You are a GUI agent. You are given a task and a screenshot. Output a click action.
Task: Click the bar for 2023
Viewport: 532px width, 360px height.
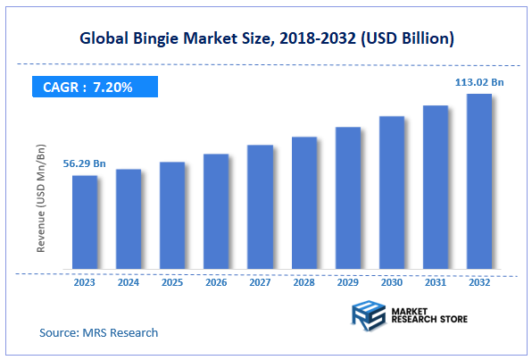(x=85, y=222)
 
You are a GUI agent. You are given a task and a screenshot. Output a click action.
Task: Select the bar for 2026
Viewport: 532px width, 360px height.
(x=216, y=212)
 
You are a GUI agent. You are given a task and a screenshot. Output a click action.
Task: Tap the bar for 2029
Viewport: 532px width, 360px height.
(x=347, y=198)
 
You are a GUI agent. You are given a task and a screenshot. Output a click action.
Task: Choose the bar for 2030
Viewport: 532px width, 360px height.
(x=391, y=193)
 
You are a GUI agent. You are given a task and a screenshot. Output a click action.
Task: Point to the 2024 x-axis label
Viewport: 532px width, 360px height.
(x=129, y=281)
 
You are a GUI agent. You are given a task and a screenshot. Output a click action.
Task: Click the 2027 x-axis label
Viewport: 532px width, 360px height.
(x=260, y=281)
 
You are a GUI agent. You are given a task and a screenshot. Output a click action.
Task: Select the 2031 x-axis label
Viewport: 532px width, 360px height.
(x=436, y=281)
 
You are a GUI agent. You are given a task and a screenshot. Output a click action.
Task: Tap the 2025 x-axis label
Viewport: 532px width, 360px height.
(x=172, y=281)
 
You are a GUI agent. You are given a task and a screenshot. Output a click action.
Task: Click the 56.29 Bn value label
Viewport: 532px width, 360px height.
(x=85, y=164)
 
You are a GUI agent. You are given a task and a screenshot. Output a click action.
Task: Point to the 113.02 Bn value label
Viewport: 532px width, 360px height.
(x=479, y=82)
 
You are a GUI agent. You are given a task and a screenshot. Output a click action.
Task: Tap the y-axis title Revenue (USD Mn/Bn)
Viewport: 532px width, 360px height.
(x=41, y=200)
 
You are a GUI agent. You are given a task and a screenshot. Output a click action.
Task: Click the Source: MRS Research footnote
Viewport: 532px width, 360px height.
(x=98, y=332)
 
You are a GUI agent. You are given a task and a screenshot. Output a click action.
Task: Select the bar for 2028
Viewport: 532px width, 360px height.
(x=303, y=204)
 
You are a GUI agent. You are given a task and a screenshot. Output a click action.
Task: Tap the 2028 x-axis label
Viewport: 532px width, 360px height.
(x=303, y=281)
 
